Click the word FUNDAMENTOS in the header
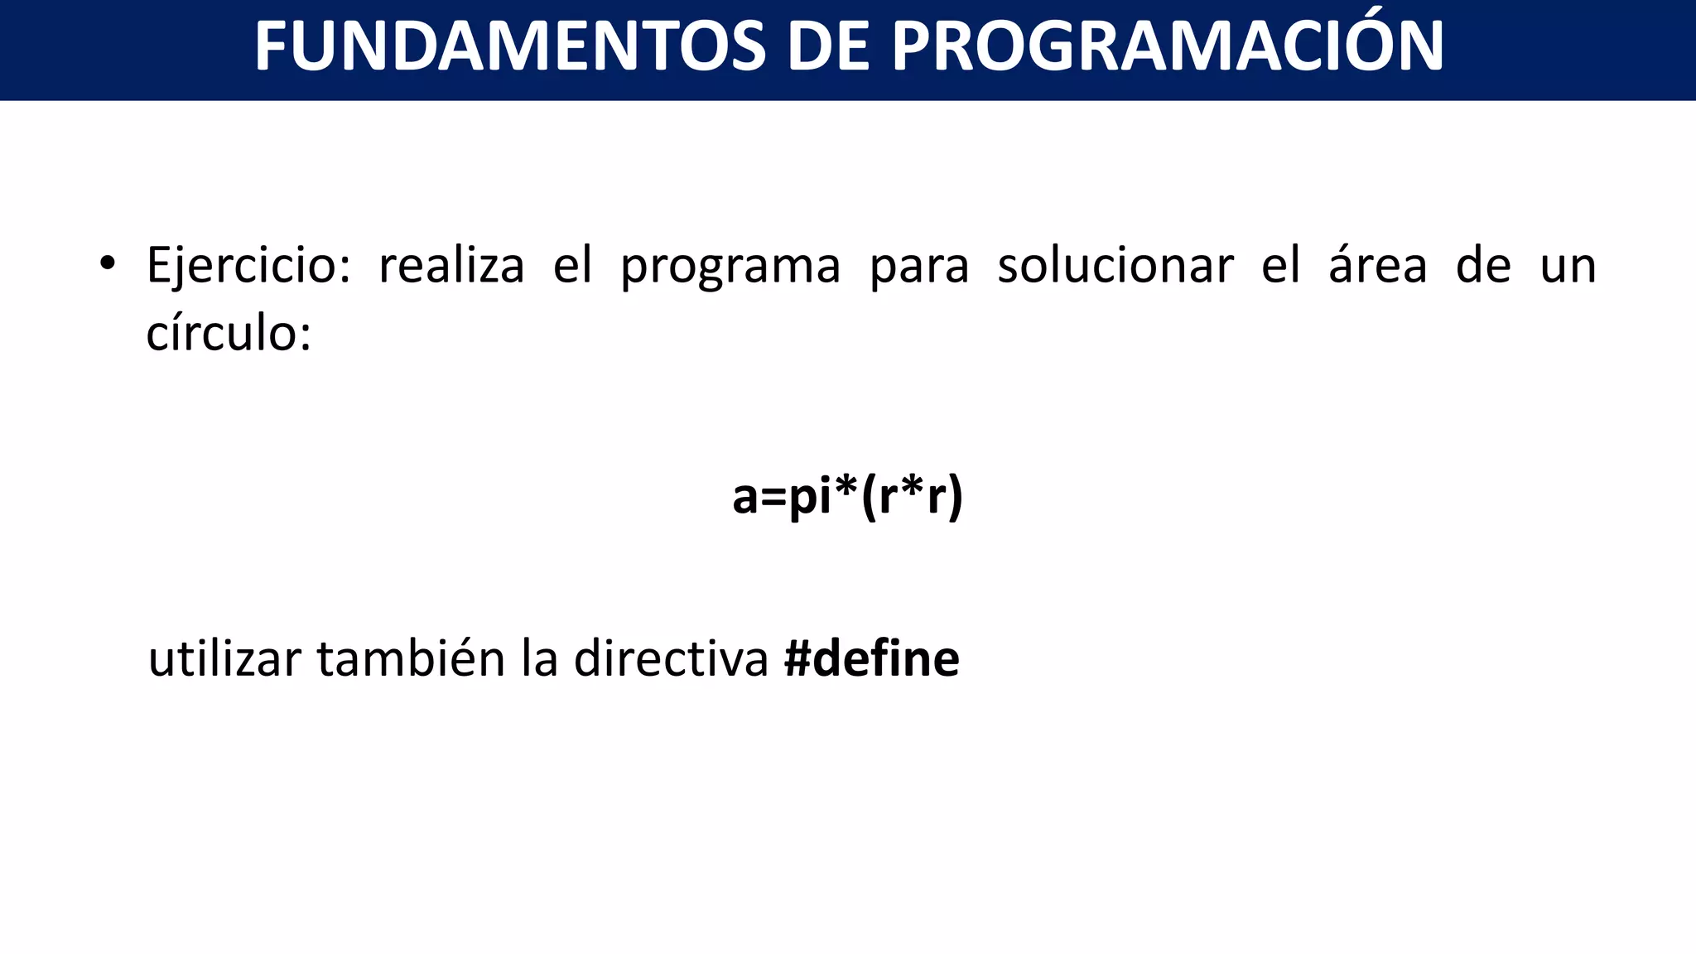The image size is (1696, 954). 509,46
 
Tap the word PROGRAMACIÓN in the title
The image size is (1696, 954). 1167,46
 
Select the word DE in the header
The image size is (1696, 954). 827,46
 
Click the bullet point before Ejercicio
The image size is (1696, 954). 107,264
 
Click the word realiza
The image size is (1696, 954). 451,267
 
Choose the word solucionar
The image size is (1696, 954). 1115,267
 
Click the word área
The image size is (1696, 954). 1378,267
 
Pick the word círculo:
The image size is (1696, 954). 229,334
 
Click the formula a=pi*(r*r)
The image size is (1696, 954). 847,497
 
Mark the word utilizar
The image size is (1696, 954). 224,660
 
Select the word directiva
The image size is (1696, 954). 671,660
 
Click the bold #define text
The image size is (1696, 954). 871,660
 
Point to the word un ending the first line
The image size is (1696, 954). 1568,267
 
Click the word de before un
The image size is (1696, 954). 1483,267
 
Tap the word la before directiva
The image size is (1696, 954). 539,660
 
